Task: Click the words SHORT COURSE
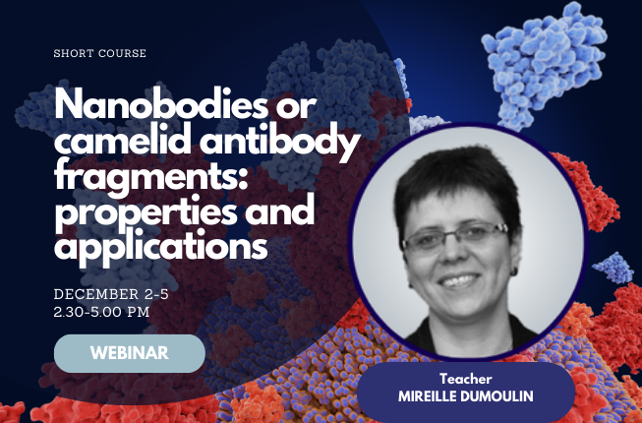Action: tap(100, 53)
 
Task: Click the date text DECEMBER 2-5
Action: tap(111, 294)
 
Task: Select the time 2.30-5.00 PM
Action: tap(101, 312)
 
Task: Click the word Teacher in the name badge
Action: tap(466, 379)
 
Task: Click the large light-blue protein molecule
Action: tap(544, 65)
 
